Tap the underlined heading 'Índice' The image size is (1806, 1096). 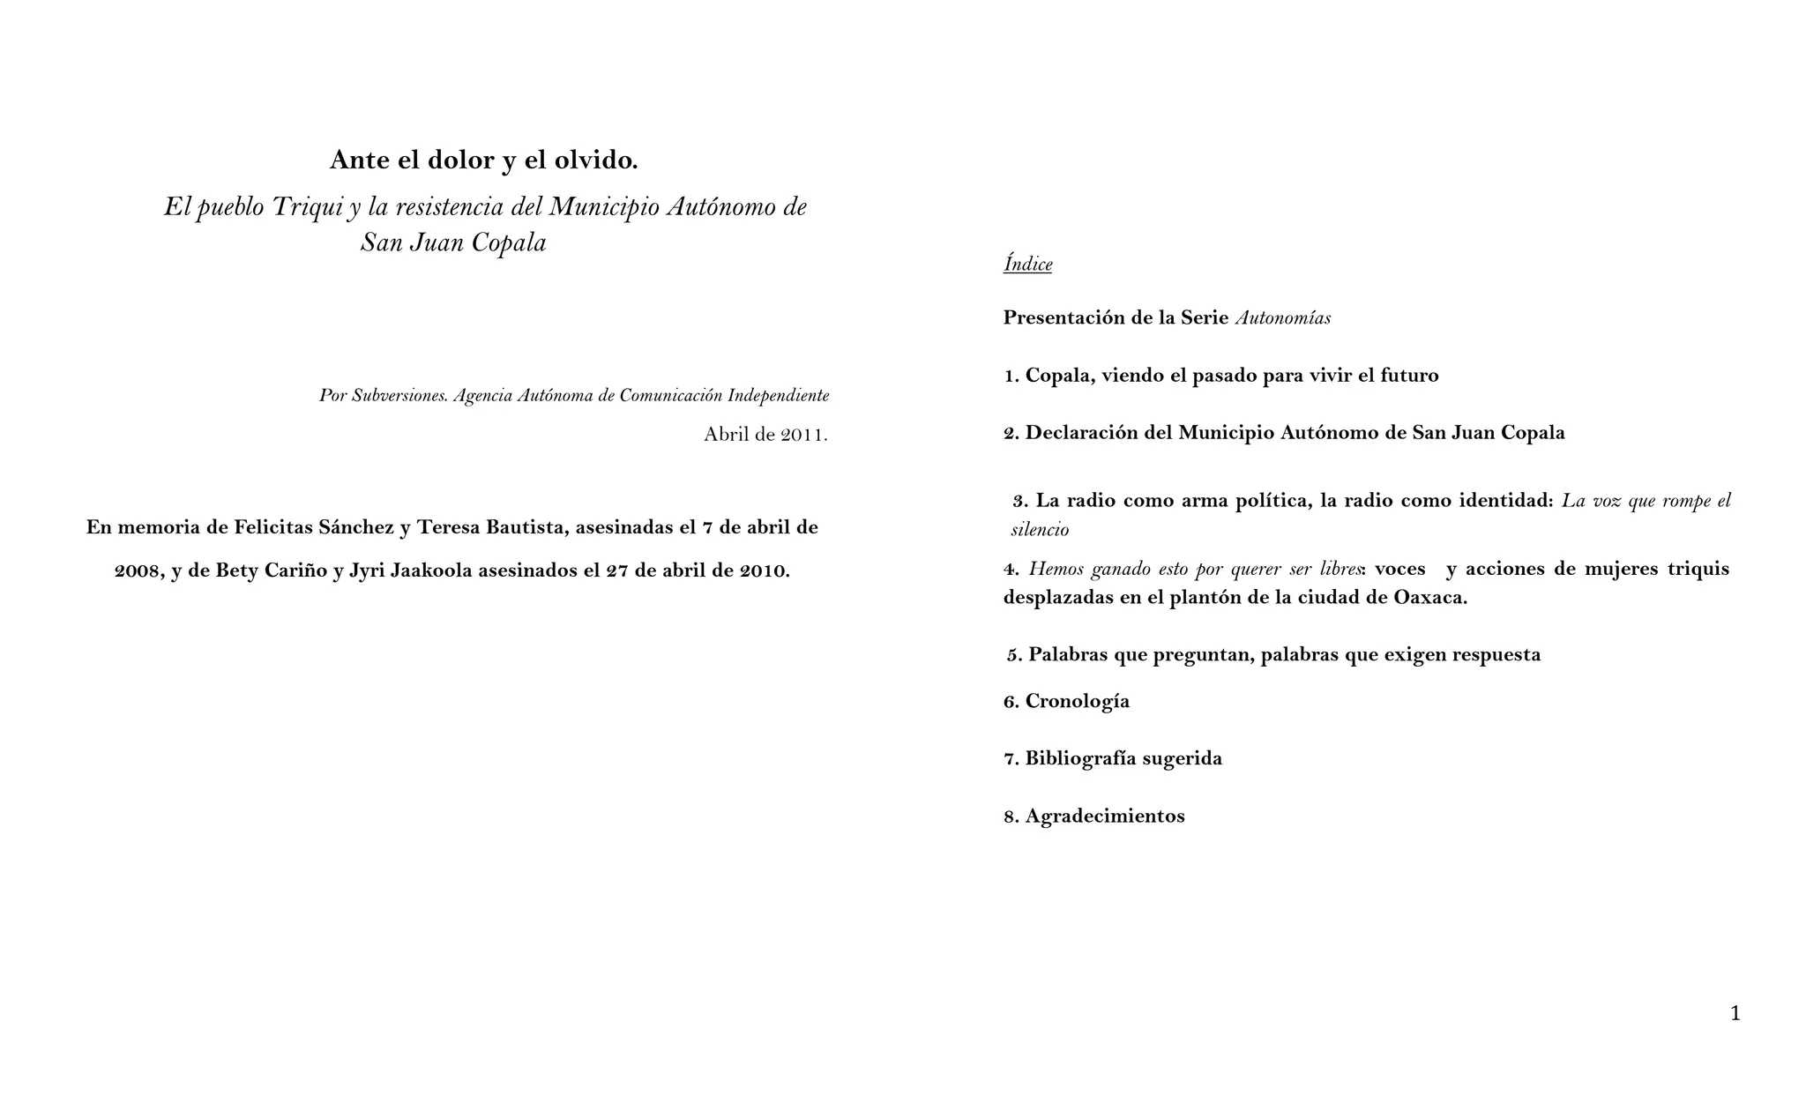coord(1027,264)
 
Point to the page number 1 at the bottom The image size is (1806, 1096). coord(1735,1014)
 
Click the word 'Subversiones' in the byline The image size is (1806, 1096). coord(399,396)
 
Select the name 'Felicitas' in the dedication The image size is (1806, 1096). coord(273,527)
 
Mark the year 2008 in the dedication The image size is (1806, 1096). coord(138,570)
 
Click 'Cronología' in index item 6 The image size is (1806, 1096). coord(1077,701)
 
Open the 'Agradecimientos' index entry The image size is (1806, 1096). coord(1104,816)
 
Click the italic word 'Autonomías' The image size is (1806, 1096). coord(1282,318)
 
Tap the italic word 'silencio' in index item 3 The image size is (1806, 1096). coord(1040,530)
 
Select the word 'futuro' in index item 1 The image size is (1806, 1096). coord(1408,376)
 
